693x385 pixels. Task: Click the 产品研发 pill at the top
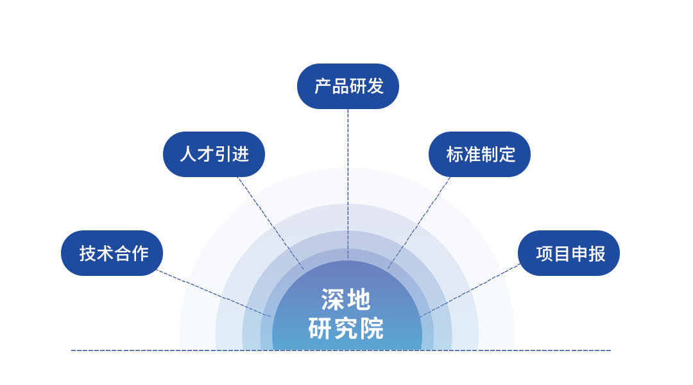348,86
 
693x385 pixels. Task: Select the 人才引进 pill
214,154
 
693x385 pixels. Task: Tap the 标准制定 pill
479,154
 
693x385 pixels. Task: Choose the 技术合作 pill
112,253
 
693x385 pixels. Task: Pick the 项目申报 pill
569,253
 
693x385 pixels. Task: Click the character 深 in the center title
333,300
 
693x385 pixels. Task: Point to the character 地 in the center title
359,300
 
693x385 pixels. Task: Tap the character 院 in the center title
372,329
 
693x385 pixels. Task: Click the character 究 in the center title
346,329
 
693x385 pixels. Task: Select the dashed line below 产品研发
348,184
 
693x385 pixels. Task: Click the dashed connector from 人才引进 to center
271,223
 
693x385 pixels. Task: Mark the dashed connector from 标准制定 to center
419,223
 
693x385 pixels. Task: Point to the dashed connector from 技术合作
214,293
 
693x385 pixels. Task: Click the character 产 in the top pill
322,86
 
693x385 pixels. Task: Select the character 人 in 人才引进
188,154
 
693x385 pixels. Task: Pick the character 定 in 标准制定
506,154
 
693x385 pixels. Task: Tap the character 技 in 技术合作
87,253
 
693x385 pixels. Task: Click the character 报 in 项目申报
597,253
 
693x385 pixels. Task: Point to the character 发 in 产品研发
375,86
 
